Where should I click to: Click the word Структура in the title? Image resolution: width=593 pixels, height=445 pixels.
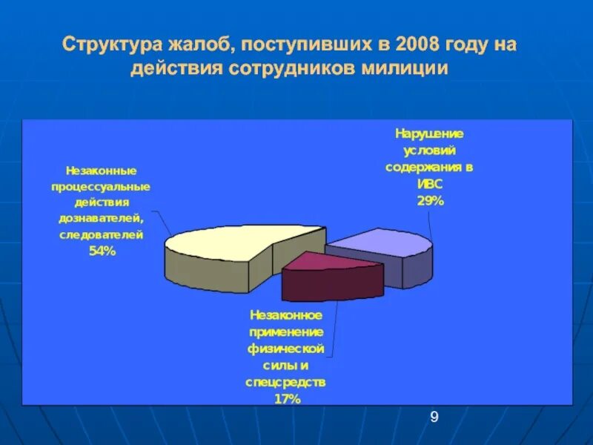pos(109,46)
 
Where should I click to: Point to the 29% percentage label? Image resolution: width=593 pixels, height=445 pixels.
pos(429,200)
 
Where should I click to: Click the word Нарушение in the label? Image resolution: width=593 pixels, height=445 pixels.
pos(429,133)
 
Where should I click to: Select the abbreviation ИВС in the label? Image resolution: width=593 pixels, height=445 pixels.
pos(429,184)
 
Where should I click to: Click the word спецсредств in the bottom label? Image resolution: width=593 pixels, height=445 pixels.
pos(285,382)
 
